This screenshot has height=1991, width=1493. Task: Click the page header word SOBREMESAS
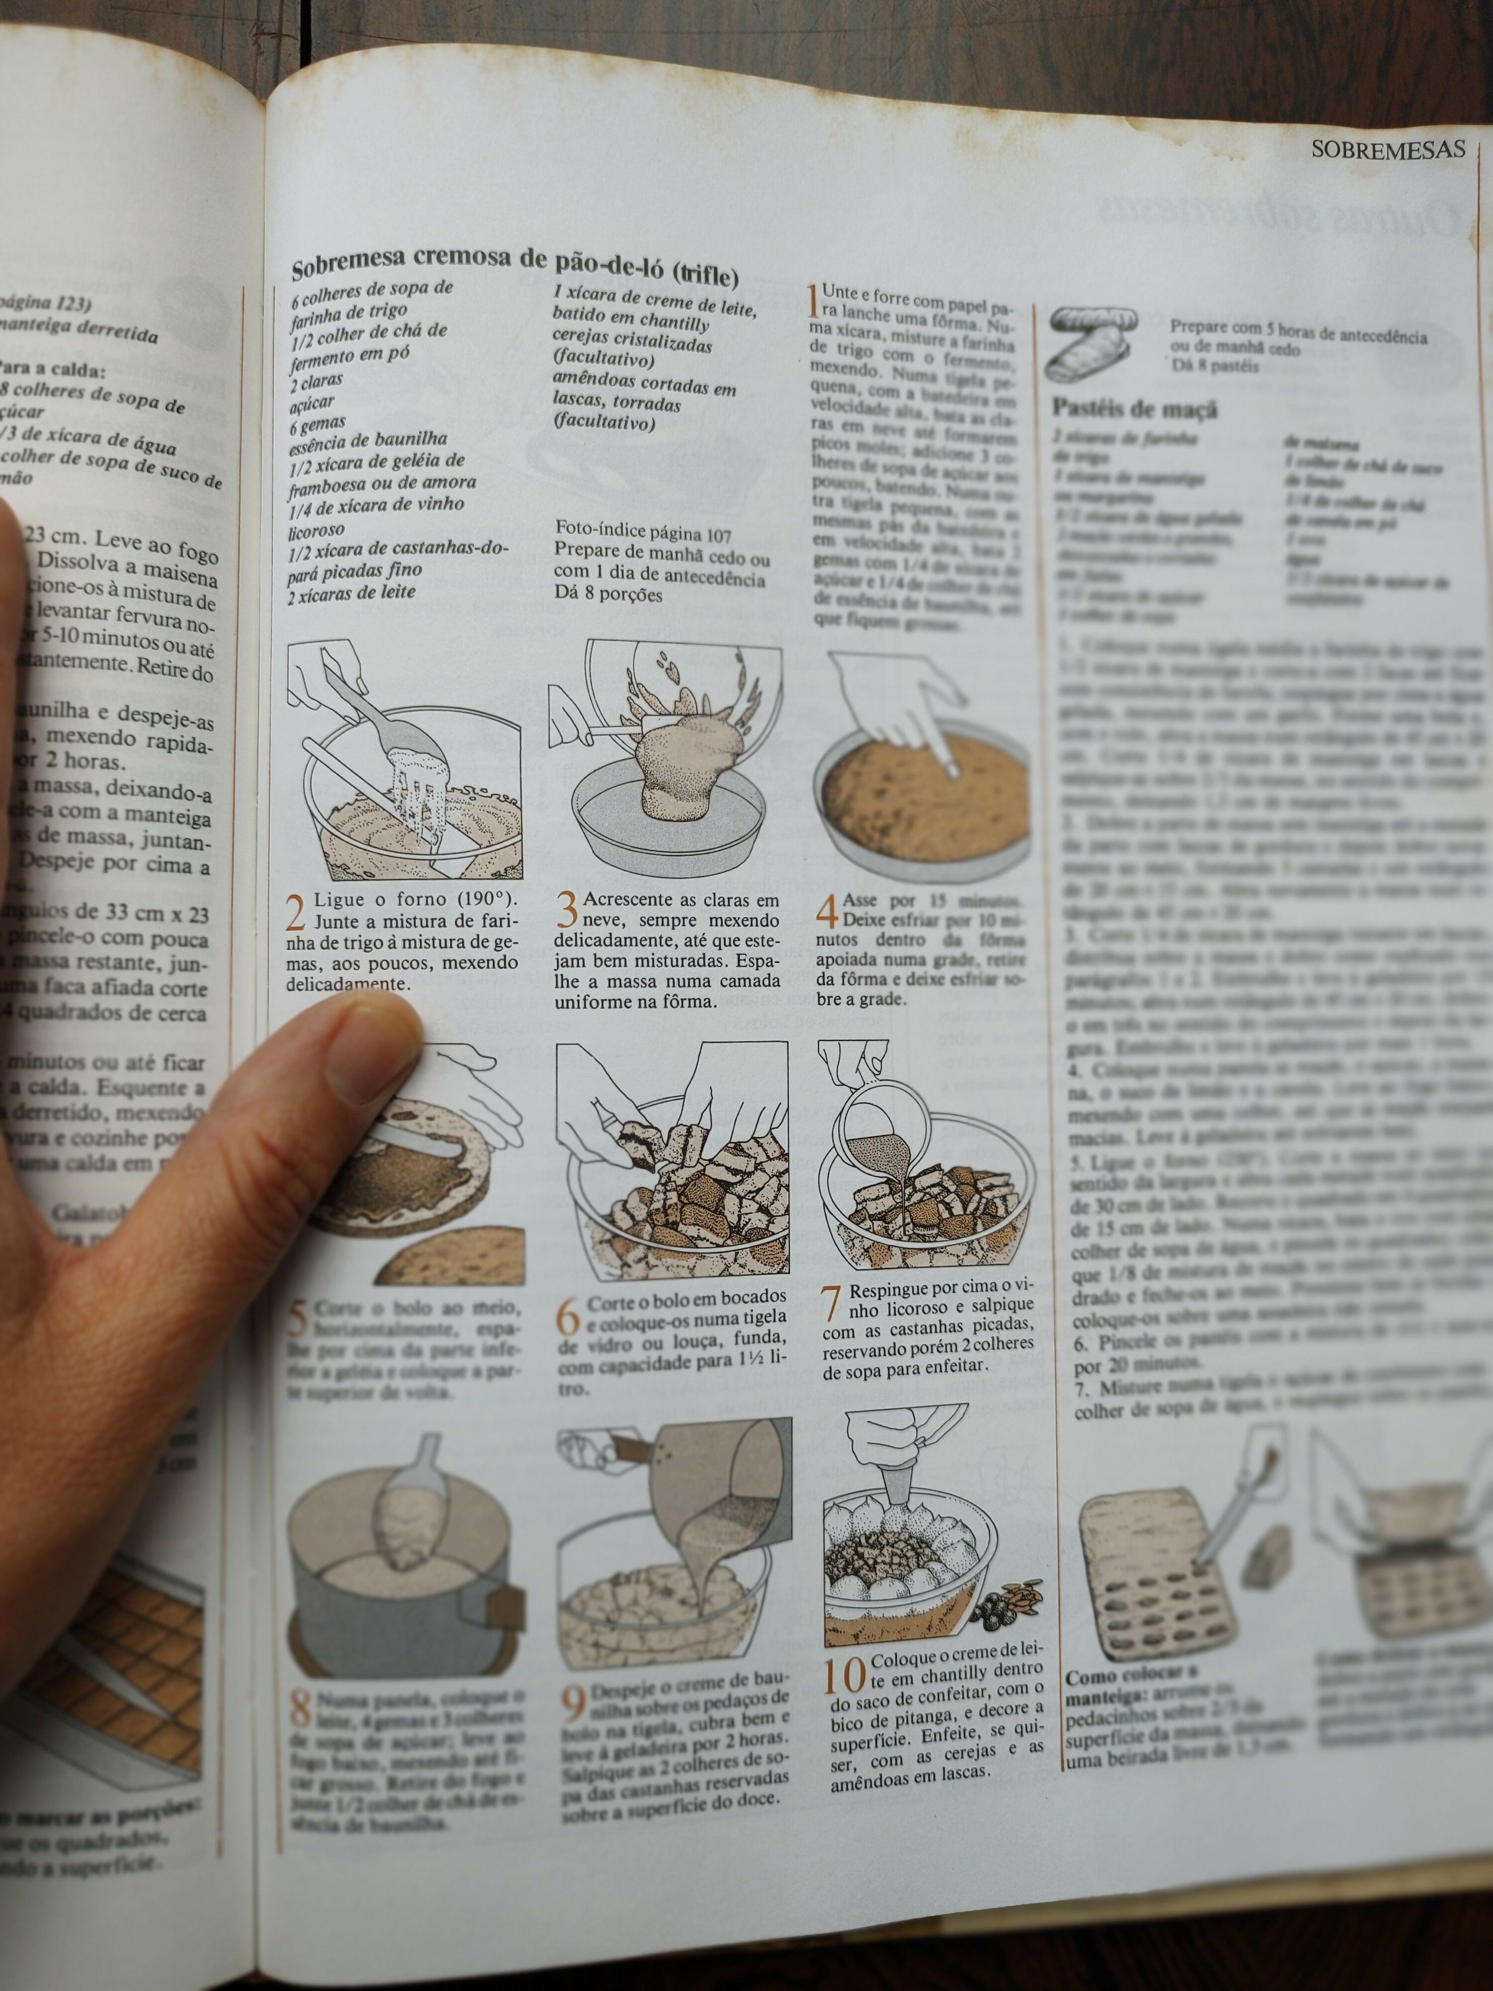[x=1387, y=149]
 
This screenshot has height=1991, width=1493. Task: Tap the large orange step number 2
[x=295, y=912]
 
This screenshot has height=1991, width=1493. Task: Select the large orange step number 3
[x=566, y=910]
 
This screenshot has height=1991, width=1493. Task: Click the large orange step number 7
[x=832, y=1303]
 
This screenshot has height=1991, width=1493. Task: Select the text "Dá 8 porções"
[x=608, y=595]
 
